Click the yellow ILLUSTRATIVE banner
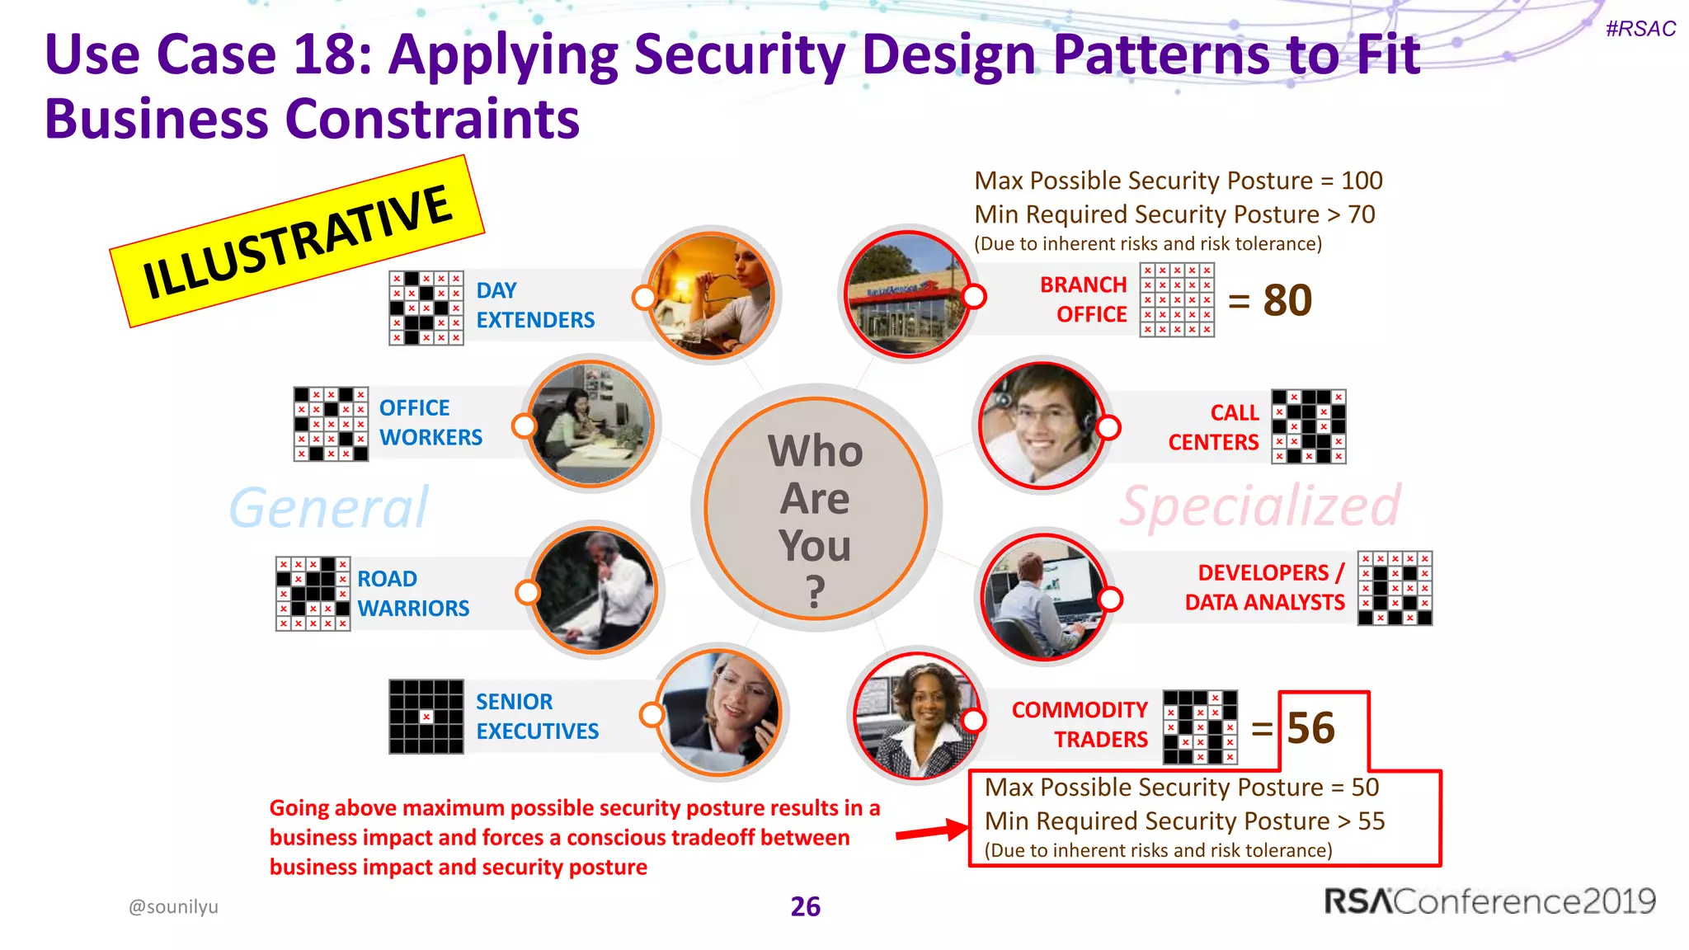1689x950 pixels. click(297, 241)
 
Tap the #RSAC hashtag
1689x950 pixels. click(1640, 29)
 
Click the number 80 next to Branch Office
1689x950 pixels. click(1287, 300)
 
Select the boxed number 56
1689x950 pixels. click(1310, 728)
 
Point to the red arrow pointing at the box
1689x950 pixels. click(932, 831)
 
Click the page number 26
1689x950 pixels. click(805, 906)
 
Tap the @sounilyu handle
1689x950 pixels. click(173, 906)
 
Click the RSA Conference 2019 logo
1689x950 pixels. click(1489, 901)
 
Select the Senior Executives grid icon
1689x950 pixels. click(426, 717)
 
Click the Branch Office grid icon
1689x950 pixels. click(1177, 300)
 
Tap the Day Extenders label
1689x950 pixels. click(534, 305)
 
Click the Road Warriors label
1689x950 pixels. click(412, 594)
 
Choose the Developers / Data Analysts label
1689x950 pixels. click(1264, 587)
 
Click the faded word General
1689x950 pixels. click(328, 507)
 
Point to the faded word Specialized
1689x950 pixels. click(1259, 506)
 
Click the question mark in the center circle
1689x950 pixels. click(815, 591)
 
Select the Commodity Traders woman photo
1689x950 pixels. click(915, 715)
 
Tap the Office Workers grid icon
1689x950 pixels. click(331, 424)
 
